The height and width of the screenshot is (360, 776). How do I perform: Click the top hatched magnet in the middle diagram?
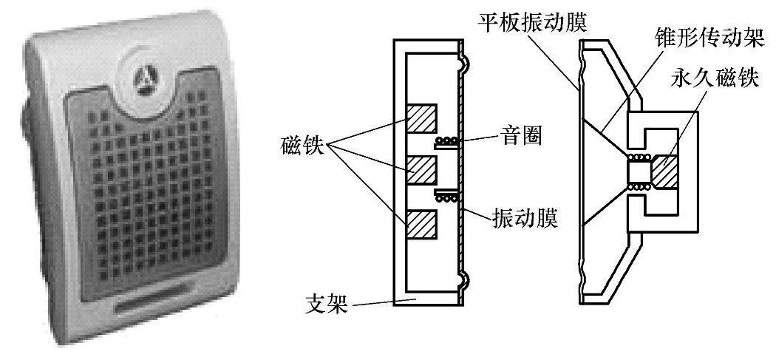[422, 118]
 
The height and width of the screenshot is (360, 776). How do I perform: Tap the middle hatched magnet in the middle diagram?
[422, 171]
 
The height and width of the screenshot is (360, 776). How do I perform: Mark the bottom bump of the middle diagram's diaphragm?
[466, 279]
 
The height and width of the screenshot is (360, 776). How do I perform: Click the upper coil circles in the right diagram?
[638, 157]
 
